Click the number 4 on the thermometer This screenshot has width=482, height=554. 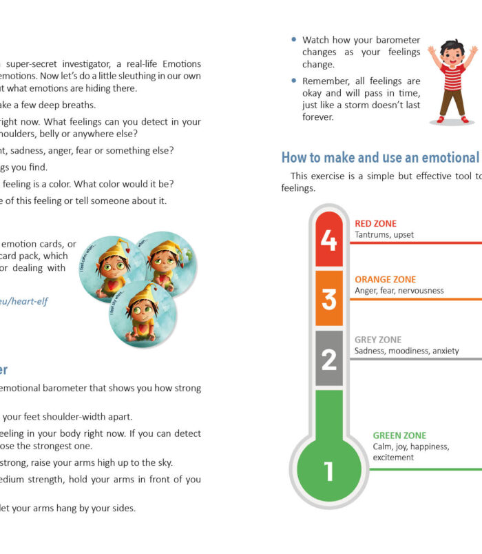tap(329, 241)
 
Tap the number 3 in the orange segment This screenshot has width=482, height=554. tap(329, 299)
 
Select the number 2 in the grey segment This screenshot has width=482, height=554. tap(329, 359)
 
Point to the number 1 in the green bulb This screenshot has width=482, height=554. tap(328, 471)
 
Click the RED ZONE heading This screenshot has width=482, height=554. tap(376, 224)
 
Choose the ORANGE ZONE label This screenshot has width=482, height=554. tap(385, 280)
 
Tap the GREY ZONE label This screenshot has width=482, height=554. tap(378, 340)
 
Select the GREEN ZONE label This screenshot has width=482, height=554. tap(399, 435)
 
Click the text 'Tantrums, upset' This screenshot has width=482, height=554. tap(384, 235)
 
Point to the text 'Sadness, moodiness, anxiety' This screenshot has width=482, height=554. tap(406, 351)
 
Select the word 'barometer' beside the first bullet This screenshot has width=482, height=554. tap(395, 41)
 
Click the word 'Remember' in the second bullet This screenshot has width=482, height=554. tap(327, 81)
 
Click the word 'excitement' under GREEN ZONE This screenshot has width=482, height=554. tap(393, 458)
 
